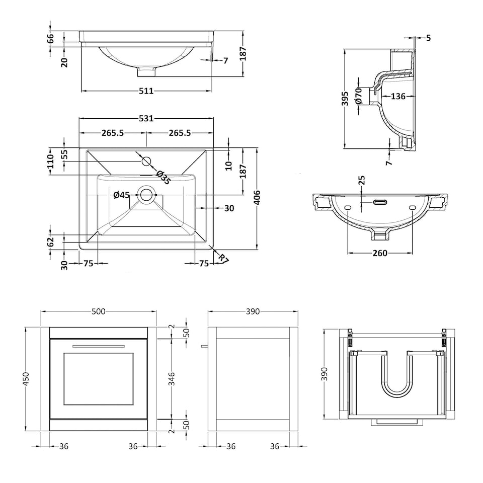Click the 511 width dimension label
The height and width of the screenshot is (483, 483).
[146, 91]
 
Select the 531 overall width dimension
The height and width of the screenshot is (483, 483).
[146, 118]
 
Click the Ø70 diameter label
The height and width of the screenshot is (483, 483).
[358, 95]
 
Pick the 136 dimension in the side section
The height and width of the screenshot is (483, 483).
[398, 96]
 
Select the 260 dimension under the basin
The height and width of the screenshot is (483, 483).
[380, 253]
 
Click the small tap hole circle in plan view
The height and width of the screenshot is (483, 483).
[146, 161]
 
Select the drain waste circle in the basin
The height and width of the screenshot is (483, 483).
[146, 195]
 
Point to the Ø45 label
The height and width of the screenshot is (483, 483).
[122, 195]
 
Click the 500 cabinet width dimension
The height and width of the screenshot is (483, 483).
[99, 311]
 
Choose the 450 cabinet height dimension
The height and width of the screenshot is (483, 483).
[27, 377]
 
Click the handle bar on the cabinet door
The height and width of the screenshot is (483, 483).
[99, 346]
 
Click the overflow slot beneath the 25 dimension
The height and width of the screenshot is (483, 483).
[379, 202]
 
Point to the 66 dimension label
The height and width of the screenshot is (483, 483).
[51, 38]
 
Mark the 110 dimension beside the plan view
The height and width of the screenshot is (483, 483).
[51, 161]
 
